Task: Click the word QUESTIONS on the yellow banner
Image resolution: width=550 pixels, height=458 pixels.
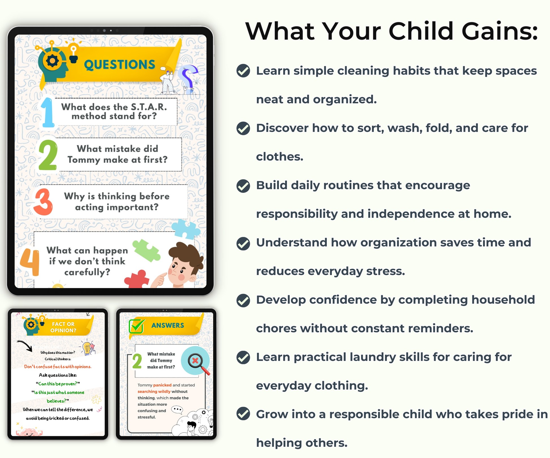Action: [x=120, y=65]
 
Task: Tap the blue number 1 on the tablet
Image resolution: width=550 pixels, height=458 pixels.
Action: [x=47, y=112]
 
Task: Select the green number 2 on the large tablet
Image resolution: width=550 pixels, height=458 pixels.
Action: [x=48, y=155]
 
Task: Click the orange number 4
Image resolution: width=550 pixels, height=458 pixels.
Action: [x=30, y=262]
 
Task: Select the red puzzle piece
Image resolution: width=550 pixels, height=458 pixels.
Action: [x=137, y=280]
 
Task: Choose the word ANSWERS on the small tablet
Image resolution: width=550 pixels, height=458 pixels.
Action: [x=168, y=325]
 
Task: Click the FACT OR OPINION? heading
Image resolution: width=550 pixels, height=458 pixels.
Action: [x=63, y=327]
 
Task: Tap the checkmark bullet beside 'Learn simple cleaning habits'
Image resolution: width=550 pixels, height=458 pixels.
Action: [x=243, y=71]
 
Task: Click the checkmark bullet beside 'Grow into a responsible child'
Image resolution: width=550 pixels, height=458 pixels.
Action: [x=243, y=414]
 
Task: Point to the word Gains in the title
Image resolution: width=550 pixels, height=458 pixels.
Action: [x=500, y=31]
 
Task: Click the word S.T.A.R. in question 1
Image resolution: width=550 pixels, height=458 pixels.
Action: [x=149, y=107]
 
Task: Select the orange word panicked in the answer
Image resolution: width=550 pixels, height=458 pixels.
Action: [x=162, y=385]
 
